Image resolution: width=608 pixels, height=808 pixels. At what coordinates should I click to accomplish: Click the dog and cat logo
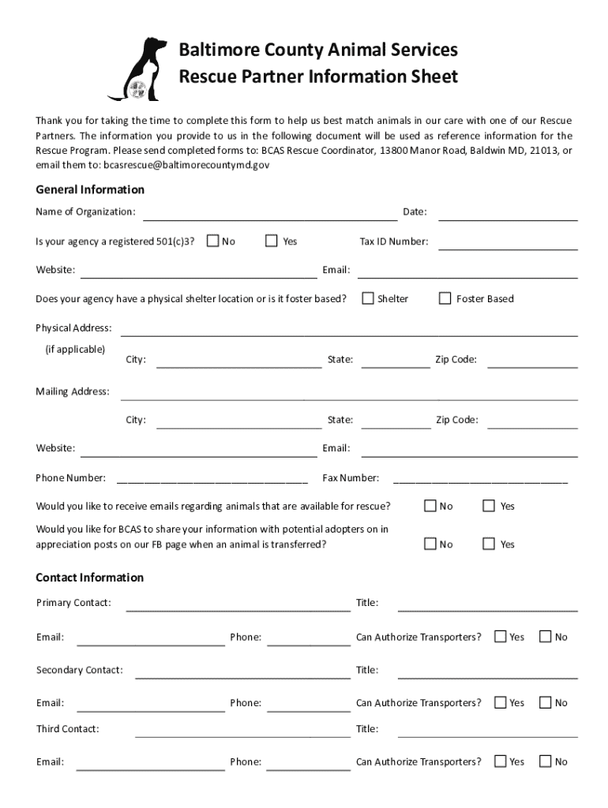tap(137, 69)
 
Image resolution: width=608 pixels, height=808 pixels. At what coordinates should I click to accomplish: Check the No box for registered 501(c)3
tap(212, 241)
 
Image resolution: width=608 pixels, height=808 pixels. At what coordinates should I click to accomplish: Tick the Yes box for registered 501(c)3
tap(272, 241)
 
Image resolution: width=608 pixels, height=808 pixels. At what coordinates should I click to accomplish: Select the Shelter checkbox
tap(368, 298)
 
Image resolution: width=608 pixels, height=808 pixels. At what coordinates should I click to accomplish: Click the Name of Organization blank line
tap(269, 215)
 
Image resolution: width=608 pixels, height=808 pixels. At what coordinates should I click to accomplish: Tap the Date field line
tap(507, 215)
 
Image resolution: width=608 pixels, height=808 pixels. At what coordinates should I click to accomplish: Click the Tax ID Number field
tap(507, 244)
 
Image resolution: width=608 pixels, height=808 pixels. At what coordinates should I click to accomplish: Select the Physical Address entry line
tap(348, 331)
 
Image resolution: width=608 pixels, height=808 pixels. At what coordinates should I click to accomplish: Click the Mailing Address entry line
tap(348, 395)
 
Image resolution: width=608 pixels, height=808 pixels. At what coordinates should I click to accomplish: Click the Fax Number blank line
tap(480, 480)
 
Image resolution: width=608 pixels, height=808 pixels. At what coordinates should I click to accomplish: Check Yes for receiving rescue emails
tap(489, 506)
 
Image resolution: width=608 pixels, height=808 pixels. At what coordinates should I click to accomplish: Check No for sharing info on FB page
tap(430, 544)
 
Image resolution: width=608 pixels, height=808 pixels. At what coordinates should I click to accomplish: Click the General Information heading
tap(90, 189)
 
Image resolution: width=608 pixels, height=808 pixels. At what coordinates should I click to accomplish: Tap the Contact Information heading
tap(90, 578)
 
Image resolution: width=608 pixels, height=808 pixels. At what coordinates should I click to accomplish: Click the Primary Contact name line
tap(238, 606)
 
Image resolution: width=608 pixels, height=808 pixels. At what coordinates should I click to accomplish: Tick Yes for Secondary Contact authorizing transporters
tap(500, 702)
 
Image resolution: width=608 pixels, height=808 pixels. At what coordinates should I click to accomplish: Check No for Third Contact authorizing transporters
tap(545, 761)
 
